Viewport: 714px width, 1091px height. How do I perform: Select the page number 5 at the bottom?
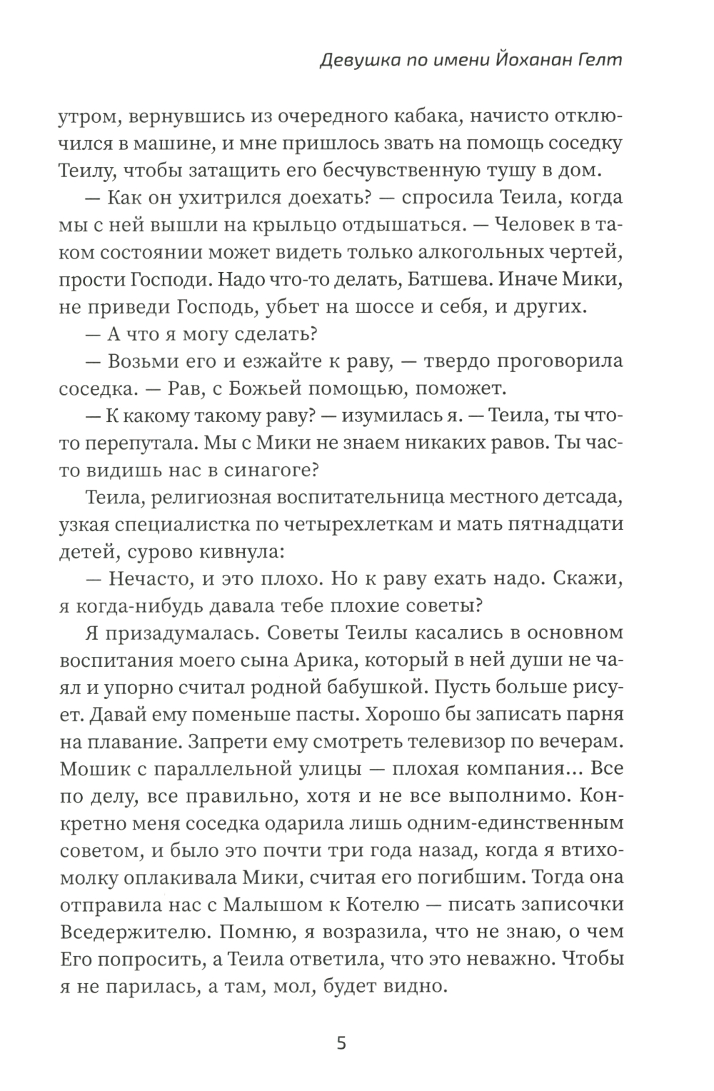341,1044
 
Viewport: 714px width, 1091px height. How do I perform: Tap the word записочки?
563,905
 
